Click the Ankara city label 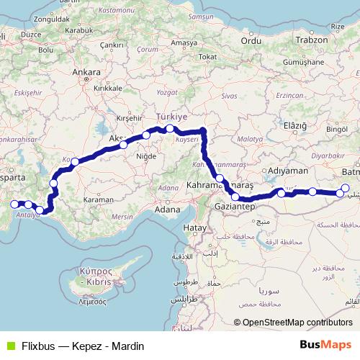(86, 72)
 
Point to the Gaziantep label (235, 207)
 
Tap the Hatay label (195, 228)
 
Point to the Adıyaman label (288, 171)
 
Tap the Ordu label (251, 41)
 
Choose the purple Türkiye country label (172, 116)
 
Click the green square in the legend (9, 346)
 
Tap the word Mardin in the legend (128, 346)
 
